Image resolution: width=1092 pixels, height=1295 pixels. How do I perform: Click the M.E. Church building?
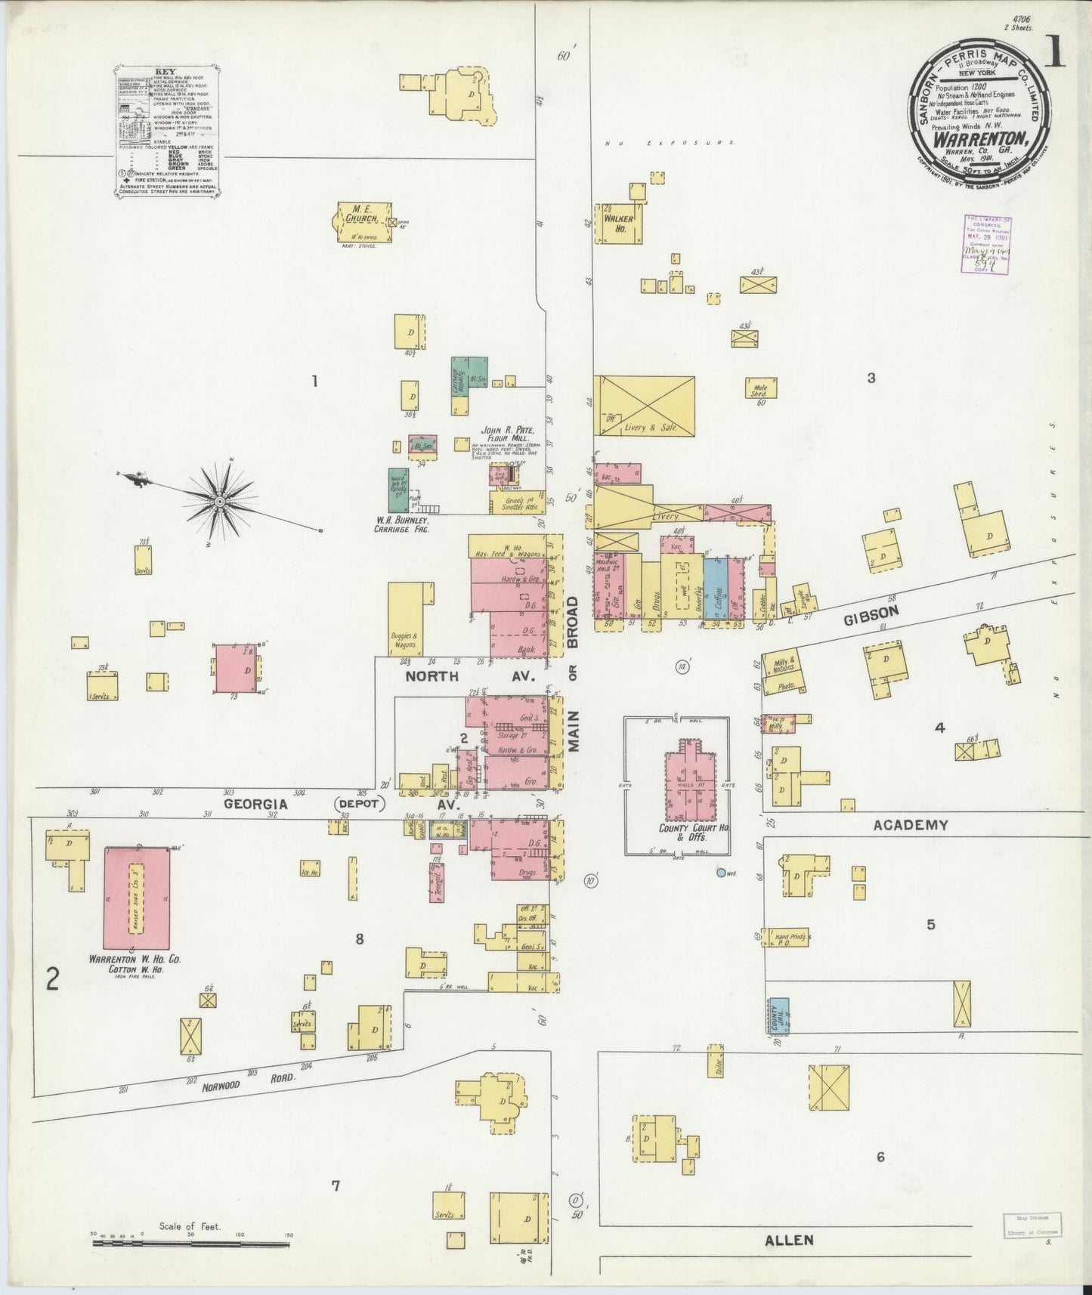[360, 223]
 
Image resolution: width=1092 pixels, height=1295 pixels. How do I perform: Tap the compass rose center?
[219, 501]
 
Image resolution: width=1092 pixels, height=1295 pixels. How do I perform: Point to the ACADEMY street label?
[910, 825]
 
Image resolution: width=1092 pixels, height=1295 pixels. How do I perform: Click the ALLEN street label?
[790, 1239]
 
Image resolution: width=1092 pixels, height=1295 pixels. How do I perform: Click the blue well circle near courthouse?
[720, 872]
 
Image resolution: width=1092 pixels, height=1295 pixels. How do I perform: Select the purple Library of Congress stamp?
[987, 245]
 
